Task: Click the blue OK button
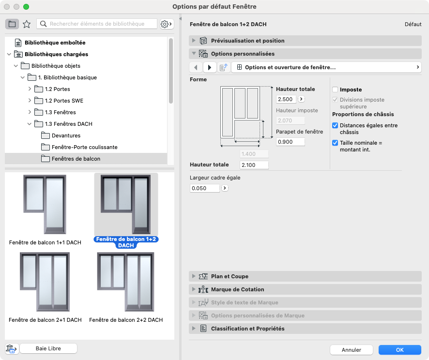tap(400, 350)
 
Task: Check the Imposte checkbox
tap(335, 90)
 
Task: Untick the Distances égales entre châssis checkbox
tap(335, 125)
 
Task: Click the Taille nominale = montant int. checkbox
tap(335, 143)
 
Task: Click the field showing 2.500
tap(286, 99)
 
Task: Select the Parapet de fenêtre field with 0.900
tap(291, 142)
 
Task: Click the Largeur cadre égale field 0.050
tap(205, 188)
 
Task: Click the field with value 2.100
tap(254, 165)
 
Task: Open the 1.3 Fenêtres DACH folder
tap(68, 124)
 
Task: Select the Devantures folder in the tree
tap(66, 135)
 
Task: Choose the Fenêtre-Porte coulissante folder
tap(85, 147)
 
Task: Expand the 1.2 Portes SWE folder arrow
tap(30, 101)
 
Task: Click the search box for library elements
tap(97, 24)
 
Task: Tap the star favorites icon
tap(27, 24)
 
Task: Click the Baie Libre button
tap(48, 348)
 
